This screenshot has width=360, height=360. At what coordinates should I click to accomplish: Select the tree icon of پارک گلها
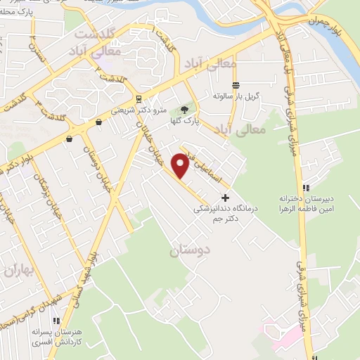pos(184,110)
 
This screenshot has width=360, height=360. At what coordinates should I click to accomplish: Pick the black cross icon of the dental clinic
pos(225,197)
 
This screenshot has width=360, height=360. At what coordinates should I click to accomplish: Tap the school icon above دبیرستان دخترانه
pos(305,188)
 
